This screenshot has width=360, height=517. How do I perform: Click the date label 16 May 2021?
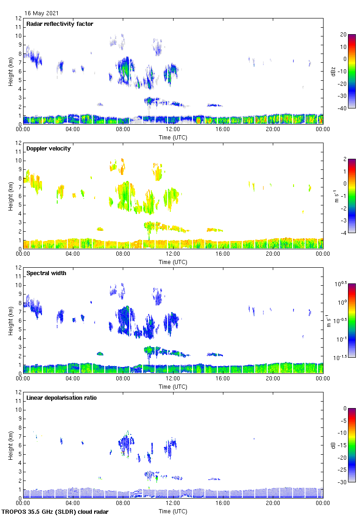[x=42, y=13]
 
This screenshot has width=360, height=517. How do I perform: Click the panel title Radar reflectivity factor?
[x=60, y=24]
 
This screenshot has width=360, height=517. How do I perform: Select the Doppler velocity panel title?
[x=48, y=149]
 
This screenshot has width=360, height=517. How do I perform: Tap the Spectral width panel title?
[x=47, y=273]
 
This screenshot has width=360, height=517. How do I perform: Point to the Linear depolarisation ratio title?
[x=61, y=398]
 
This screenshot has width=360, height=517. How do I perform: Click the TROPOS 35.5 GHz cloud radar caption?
[x=55, y=512]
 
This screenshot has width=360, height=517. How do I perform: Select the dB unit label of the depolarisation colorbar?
[x=334, y=445]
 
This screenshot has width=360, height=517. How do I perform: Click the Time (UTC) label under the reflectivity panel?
[x=173, y=138]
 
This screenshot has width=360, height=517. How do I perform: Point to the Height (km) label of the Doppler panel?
[x=11, y=196]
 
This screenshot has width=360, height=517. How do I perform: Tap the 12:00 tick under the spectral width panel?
[x=173, y=379]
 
